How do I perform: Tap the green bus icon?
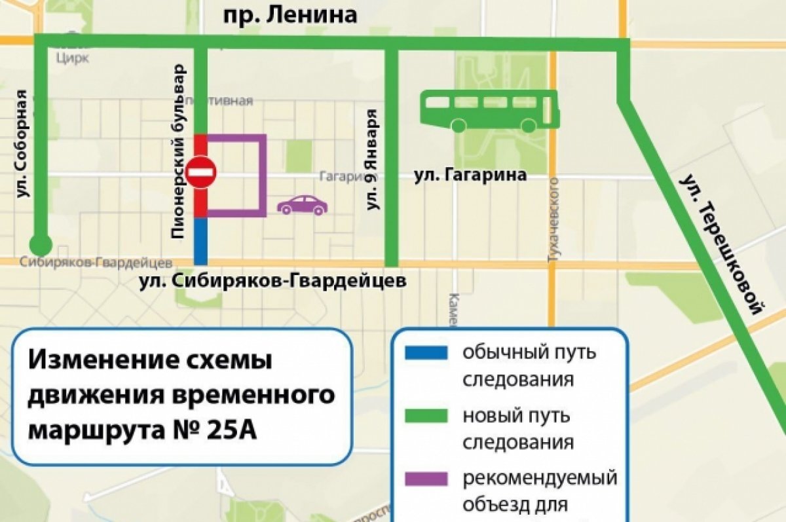tap(490, 110)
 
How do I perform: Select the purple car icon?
tap(302, 205)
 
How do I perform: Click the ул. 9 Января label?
tap(373, 159)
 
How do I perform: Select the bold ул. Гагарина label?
tap(470, 176)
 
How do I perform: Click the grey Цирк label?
tap(73, 58)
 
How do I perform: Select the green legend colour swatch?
tap(426, 415)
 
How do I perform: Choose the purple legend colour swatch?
tap(426, 477)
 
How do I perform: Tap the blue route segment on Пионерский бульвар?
tap(200, 240)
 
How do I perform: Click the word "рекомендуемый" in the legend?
tap(540, 477)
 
